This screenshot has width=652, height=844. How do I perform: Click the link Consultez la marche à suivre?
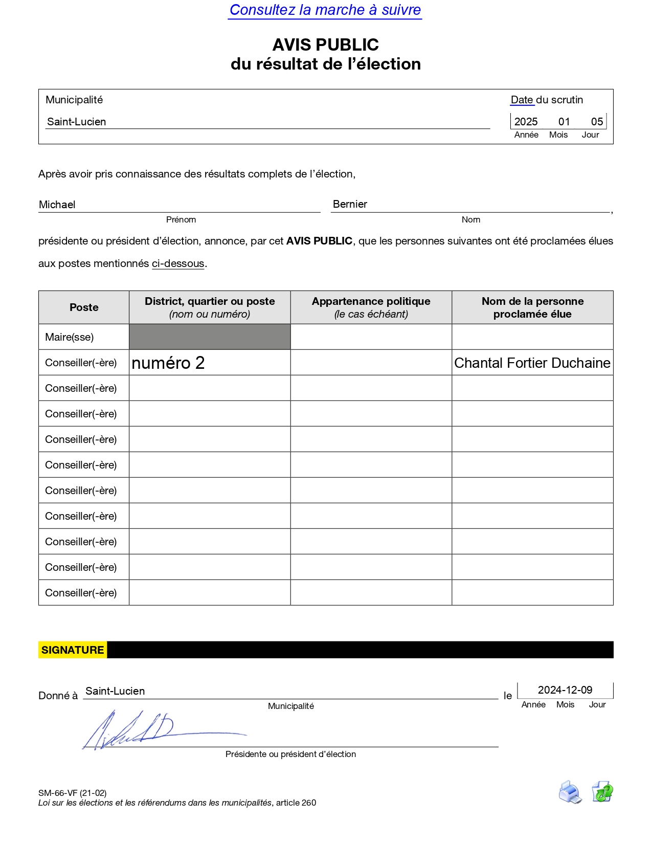click(x=325, y=10)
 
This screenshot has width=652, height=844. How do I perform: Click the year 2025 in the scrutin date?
click(x=526, y=122)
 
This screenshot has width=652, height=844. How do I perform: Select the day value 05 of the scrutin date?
click(x=597, y=122)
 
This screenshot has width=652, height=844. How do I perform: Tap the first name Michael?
click(x=57, y=205)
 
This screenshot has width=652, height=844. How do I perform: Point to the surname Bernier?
click(x=350, y=204)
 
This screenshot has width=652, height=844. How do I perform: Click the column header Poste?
click(x=84, y=307)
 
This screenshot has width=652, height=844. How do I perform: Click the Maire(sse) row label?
click(x=70, y=337)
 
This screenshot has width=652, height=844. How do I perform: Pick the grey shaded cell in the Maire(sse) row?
click(x=210, y=337)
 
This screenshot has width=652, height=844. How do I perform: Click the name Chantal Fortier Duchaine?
click(x=532, y=363)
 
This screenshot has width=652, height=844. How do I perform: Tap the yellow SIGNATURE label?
click(x=73, y=650)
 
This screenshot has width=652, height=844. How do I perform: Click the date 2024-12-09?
click(x=565, y=690)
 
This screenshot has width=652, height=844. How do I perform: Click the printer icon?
click(x=570, y=792)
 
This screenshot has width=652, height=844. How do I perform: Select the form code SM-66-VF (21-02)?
click(x=72, y=793)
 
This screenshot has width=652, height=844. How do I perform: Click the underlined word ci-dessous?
click(x=178, y=263)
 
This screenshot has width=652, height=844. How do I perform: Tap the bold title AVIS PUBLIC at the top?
click(x=325, y=45)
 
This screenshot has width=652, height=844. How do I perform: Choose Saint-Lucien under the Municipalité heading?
click(x=77, y=122)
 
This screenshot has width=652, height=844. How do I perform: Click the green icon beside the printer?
click(x=602, y=792)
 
